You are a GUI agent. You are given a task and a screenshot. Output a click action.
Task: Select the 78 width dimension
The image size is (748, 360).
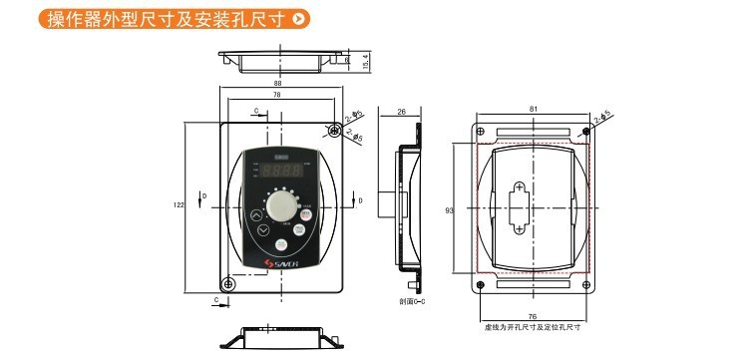(274, 95)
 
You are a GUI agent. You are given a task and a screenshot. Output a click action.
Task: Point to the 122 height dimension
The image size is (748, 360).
(179, 205)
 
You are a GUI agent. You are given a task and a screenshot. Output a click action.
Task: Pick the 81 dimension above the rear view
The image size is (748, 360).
(534, 109)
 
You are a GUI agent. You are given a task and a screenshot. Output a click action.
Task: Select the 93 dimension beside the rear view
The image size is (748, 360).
(450, 211)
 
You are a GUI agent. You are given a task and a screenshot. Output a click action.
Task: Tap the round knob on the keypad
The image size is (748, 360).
(284, 205)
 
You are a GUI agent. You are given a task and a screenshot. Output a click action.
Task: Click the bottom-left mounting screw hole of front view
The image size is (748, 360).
(228, 286)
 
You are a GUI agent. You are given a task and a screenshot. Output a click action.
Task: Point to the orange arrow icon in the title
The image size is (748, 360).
(301, 18)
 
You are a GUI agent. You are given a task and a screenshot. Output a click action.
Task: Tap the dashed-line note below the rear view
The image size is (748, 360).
(533, 327)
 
